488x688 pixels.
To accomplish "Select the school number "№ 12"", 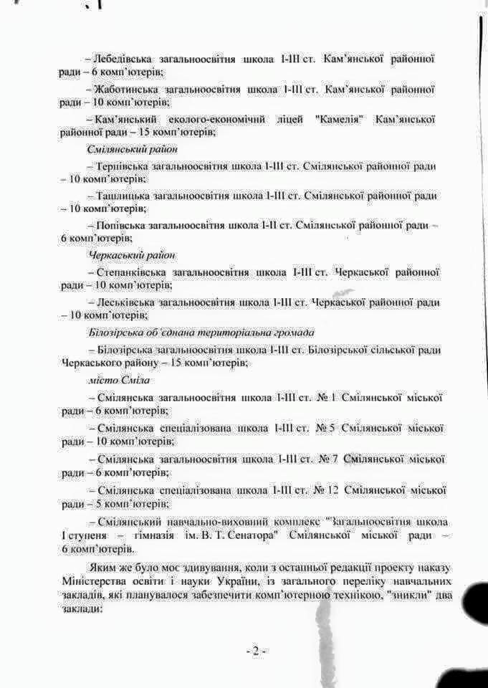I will tap(327, 489).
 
